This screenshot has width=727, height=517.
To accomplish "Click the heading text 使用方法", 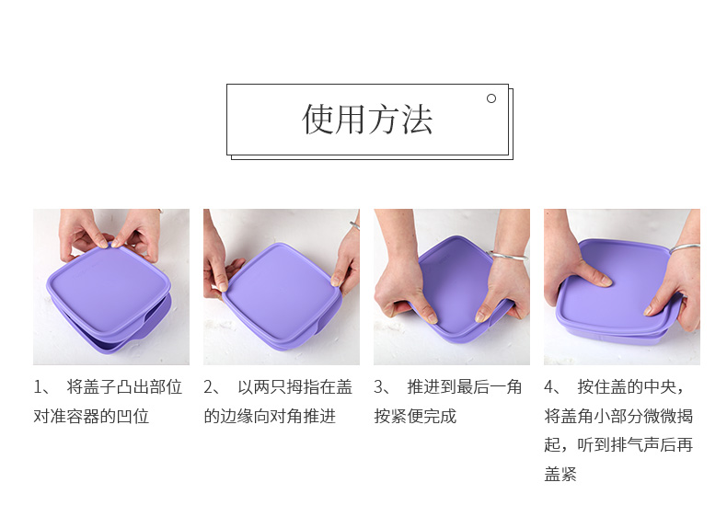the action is click(x=367, y=120).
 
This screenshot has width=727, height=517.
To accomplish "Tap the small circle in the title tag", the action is click(x=491, y=98).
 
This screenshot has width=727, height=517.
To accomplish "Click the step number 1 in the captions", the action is click(x=37, y=387).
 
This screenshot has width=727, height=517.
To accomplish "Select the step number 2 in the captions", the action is click(x=208, y=387).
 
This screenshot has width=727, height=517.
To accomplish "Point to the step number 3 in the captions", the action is click(x=378, y=387).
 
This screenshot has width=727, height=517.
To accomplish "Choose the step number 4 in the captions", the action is click(x=549, y=387).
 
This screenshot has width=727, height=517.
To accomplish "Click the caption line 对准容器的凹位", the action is click(x=91, y=417).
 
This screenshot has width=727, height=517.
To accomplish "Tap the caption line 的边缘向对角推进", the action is click(x=270, y=417).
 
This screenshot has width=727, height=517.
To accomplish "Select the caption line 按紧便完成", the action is click(x=415, y=417).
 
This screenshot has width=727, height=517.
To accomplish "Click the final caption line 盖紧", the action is click(x=560, y=475).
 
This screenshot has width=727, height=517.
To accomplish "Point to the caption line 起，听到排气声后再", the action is click(x=618, y=445).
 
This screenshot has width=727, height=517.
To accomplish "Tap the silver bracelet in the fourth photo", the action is click(x=685, y=248).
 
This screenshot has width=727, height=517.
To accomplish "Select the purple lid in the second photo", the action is click(x=282, y=293).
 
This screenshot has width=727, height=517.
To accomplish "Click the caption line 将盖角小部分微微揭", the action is click(x=618, y=417).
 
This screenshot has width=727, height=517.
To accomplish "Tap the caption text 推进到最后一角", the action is click(x=465, y=387).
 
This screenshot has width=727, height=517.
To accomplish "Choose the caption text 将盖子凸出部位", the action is click(x=124, y=387).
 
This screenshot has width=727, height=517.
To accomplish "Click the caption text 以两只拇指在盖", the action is click(x=294, y=387).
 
